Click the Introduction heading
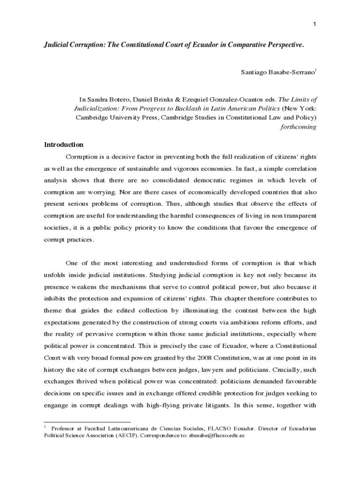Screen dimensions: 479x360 click(64, 145)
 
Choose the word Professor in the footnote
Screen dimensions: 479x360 click(65, 428)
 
